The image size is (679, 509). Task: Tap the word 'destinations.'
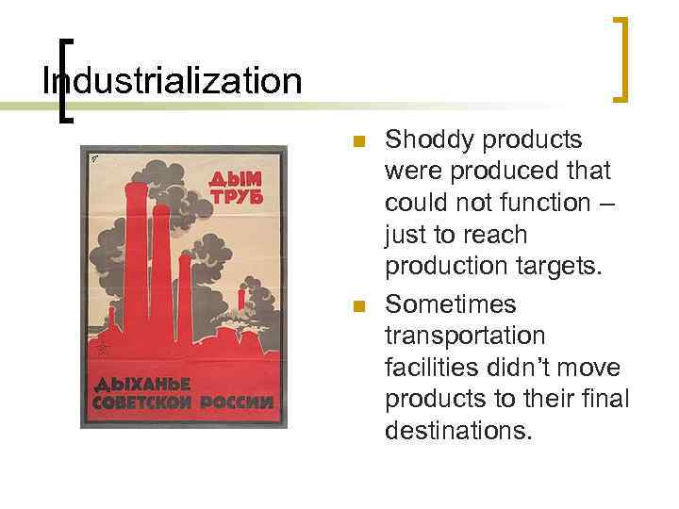point(458,432)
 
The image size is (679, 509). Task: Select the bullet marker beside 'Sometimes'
point(356,306)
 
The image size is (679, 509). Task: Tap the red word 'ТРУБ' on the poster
point(234,198)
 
